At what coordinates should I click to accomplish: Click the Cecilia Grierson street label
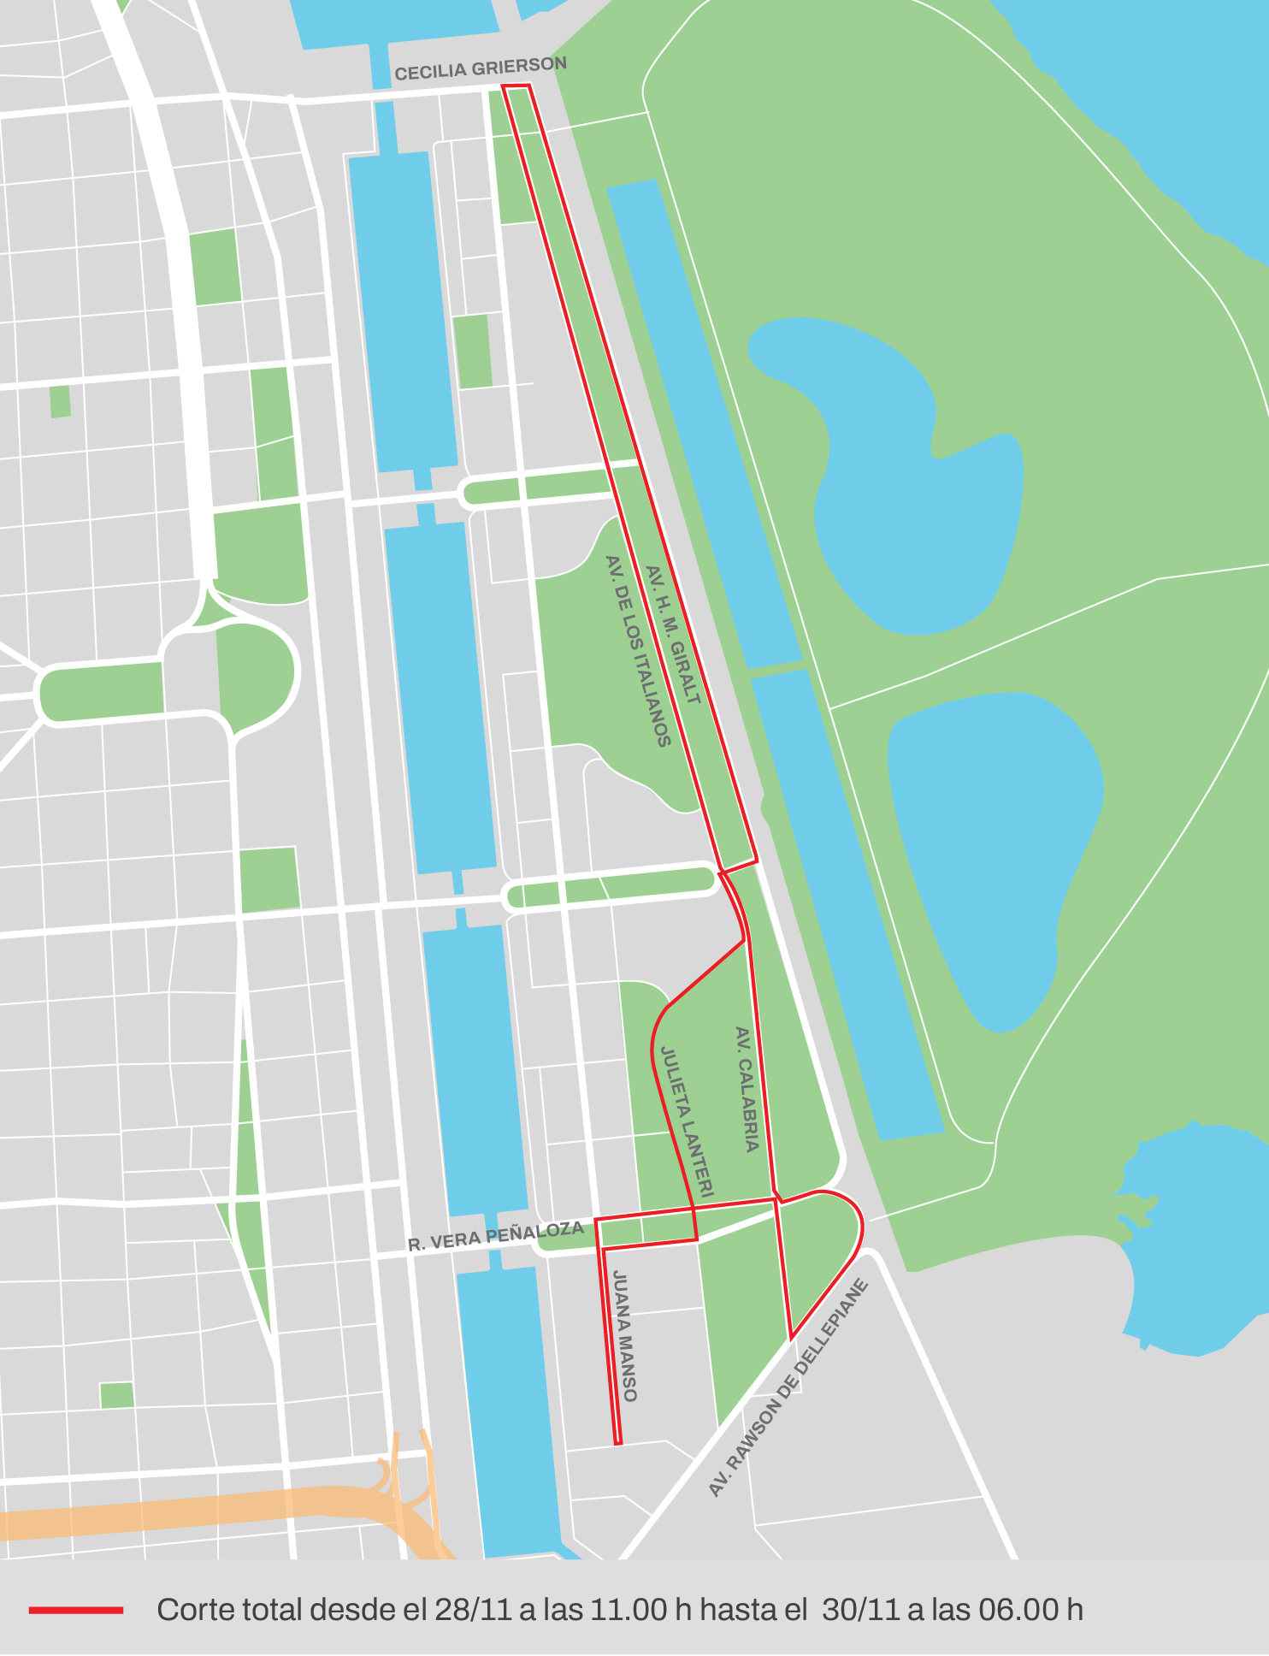click(x=481, y=68)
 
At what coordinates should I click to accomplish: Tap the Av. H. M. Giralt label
click(x=673, y=635)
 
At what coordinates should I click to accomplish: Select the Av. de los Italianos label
click(x=638, y=651)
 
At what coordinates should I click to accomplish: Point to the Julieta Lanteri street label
click(x=686, y=1121)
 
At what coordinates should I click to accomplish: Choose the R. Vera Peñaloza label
click(x=495, y=1236)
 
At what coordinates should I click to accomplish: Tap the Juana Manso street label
click(x=625, y=1336)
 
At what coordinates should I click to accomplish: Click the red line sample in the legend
click(x=76, y=1610)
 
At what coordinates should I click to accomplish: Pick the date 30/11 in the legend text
click(x=860, y=1610)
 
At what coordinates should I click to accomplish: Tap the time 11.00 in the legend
click(x=629, y=1610)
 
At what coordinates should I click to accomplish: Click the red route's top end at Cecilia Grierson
click(x=516, y=86)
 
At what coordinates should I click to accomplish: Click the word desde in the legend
click(x=345, y=1610)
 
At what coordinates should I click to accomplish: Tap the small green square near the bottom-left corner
click(x=116, y=1395)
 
